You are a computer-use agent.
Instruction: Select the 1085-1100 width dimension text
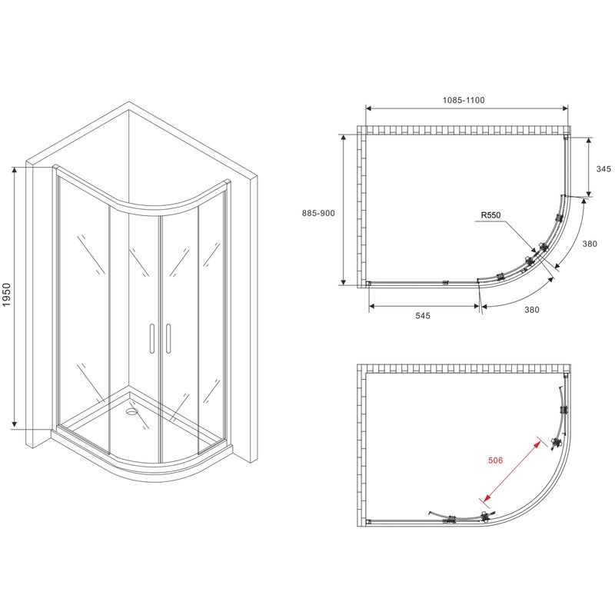(464, 100)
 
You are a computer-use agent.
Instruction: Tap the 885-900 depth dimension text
(318, 213)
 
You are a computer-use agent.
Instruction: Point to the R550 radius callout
(491, 215)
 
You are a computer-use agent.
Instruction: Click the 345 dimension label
(603, 168)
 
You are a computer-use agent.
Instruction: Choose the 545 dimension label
(423, 315)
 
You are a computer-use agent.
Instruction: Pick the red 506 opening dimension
(495, 460)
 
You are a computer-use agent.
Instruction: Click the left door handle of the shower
(151, 338)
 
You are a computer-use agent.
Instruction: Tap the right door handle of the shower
(168, 338)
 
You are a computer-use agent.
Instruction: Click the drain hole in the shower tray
(131, 411)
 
